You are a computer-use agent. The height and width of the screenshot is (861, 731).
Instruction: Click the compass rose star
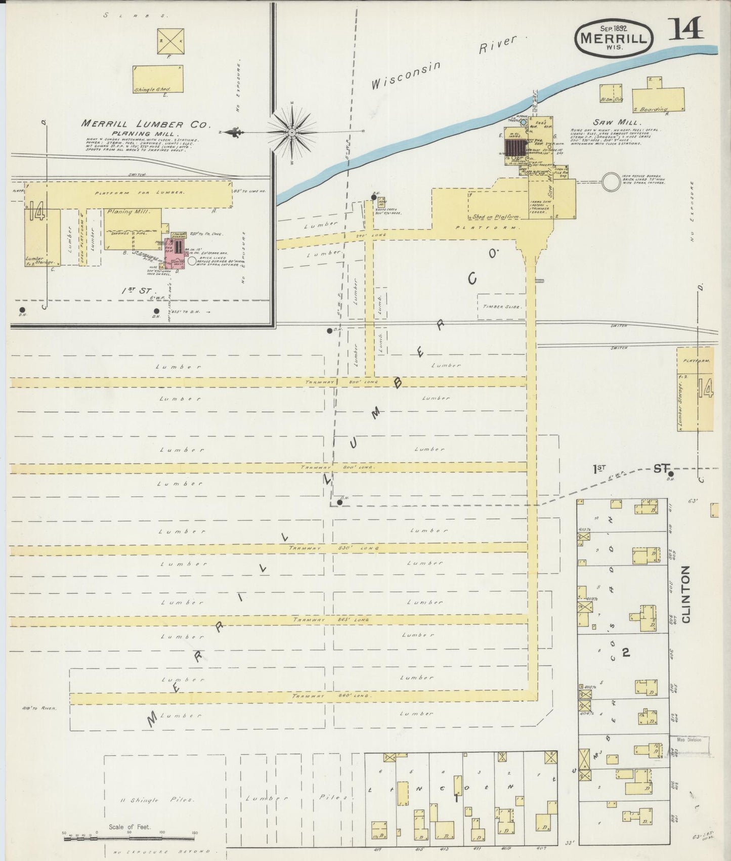292,132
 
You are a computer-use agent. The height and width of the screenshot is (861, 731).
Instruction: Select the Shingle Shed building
158,79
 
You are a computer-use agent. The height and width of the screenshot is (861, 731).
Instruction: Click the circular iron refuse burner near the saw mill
611,182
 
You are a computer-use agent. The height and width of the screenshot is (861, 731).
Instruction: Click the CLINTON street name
686,594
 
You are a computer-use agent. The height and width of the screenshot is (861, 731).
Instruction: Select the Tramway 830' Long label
334,548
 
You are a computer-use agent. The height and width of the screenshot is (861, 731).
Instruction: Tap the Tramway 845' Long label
331,620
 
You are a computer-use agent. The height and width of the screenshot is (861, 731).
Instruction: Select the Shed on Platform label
496,217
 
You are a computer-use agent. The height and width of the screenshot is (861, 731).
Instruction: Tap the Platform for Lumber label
139,193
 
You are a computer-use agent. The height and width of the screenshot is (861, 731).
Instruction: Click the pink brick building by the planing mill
175,250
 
